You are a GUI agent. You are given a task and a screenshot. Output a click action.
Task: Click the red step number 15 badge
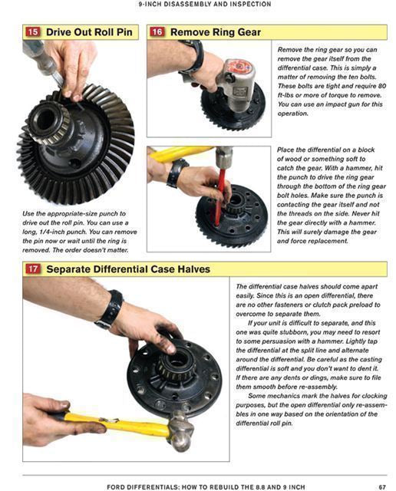[33, 32]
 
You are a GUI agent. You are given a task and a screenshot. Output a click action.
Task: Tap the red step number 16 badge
[157, 32]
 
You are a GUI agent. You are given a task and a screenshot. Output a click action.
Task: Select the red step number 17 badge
[33, 269]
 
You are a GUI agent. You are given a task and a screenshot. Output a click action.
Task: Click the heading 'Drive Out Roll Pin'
[91, 32]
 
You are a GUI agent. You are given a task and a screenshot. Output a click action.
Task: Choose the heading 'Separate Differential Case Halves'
[127, 269]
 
